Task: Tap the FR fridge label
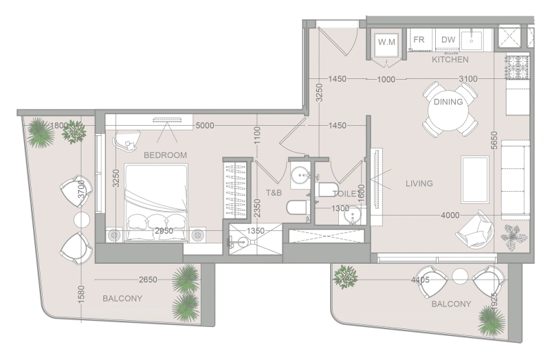pyautogui.click(x=418, y=41)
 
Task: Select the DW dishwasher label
pyautogui.click(x=448, y=41)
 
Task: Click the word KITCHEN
pyautogui.click(x=450, y=60)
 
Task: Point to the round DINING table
pyautogui.click(x=448, y=107)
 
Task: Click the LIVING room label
pyautogui.click(x=419, y=183)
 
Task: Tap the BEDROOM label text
pyautogui.click(x=165, y=155)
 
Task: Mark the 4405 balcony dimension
pyautogui.click(x=420, y=280)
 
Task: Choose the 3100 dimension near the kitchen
pyautogui.click(x=467, y=79)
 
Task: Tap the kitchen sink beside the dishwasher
pyautogui.click(x=474, y=39)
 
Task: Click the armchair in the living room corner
pyautogui.click(x=476, y=230)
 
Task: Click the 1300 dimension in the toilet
pyautogui.click(x=341, y=208)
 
